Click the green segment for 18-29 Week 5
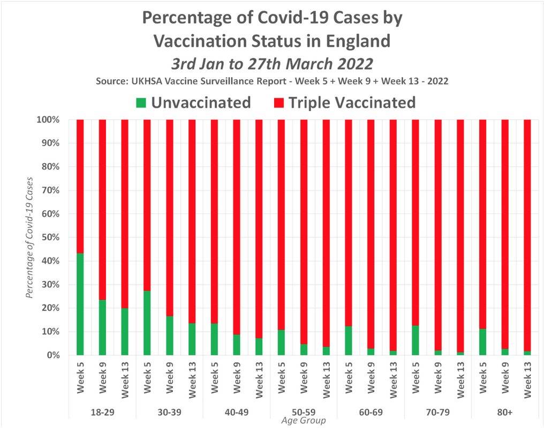pos(80,304)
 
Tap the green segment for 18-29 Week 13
pos(125,331)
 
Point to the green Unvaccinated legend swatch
pos(140,102)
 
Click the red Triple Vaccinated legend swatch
pos(278,102)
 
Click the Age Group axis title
pos(304,421)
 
